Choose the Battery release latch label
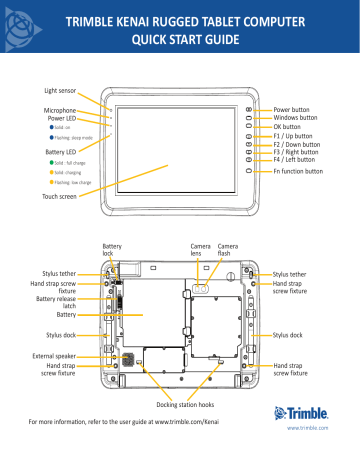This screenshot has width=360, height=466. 56,303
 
